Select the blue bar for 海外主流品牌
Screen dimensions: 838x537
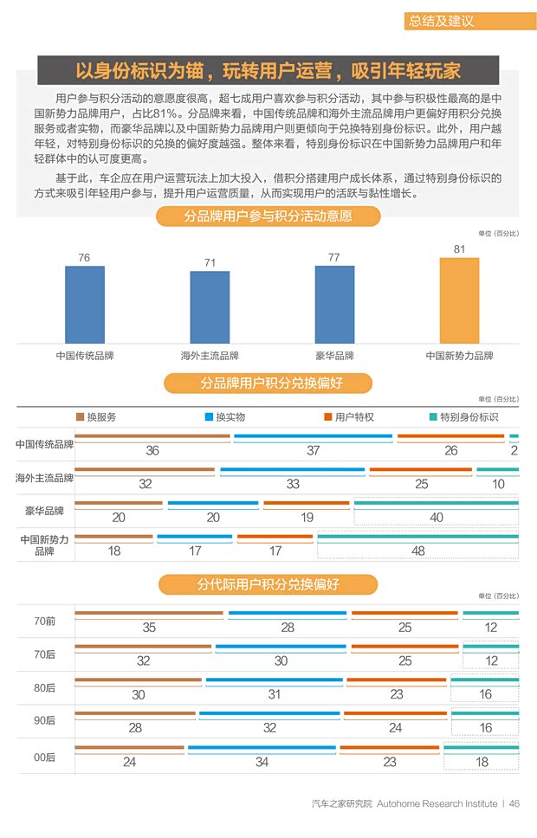click(x=210, y=307)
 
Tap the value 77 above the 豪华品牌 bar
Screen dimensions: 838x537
click(x=334, y=258)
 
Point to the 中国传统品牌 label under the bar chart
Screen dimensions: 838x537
click(x=85, y=356)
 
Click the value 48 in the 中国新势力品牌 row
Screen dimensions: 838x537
click(x=418, y=551)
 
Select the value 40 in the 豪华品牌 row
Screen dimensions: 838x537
click(x=437, y=518)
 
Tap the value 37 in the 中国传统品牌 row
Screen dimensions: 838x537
click(x=314, y=451)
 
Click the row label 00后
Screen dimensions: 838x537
click(x=45, y=757)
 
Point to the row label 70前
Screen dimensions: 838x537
click(x=45, y=622)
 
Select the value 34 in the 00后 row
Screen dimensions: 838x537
click(x=262, y=762)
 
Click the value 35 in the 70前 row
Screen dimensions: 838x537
click(x=149, y=628)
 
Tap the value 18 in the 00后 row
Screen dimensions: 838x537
click(x=482, y=762)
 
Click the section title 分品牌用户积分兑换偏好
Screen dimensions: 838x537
click(x=268, y=383)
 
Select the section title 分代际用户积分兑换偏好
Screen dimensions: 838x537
click(x=268, y=585)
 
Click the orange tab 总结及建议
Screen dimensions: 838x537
click(x=442, y=22)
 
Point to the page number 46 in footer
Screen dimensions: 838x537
click(x=514, y=803)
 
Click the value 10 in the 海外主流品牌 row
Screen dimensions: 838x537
click(x=498, y=484)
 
